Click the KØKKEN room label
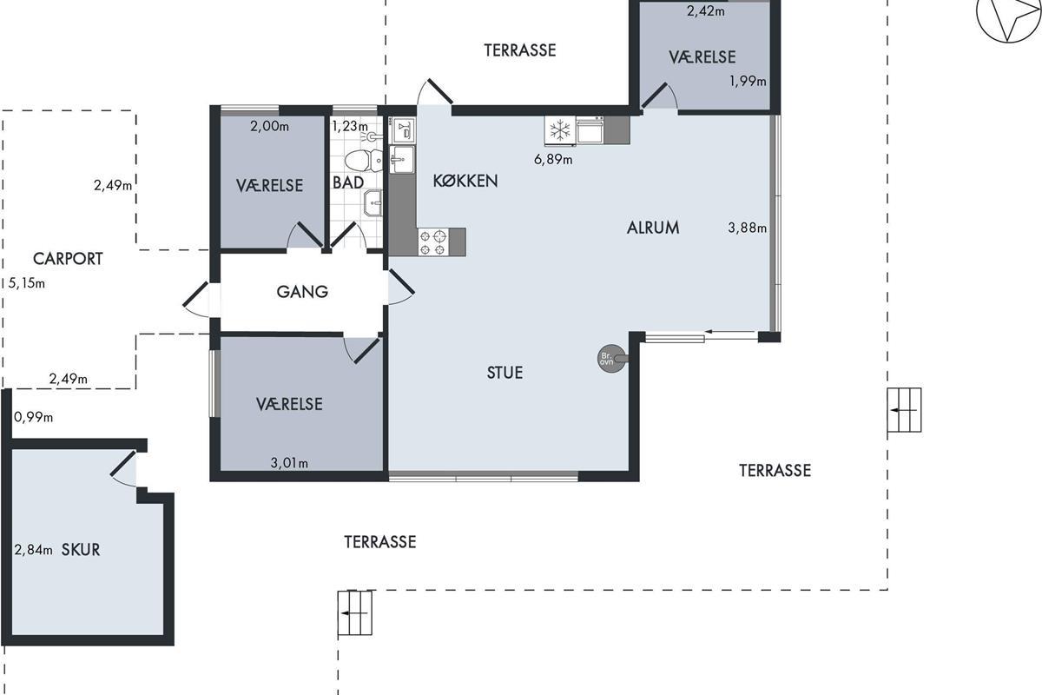coord(465,181)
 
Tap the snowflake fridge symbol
coord(560,130)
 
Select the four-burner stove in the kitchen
coord(433,242)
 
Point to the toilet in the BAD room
coord(364,161)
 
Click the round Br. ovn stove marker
coord(611,359)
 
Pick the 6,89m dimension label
coord(553,160)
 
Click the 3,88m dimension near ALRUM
coord(747,228)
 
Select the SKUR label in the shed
coord(81,550)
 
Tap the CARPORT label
coord(68,259)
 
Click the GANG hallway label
coord(302,292)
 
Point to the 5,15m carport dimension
coord(27,283)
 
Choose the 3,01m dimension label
coord(289,463)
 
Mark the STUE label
coord(505,373)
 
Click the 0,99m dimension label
coord(34,417)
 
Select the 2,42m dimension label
coord(706,10)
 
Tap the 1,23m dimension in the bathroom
coord(350,126)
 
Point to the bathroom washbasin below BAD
coord(373,202)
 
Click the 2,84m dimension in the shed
coord(34,550)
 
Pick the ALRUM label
coord(653,228)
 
